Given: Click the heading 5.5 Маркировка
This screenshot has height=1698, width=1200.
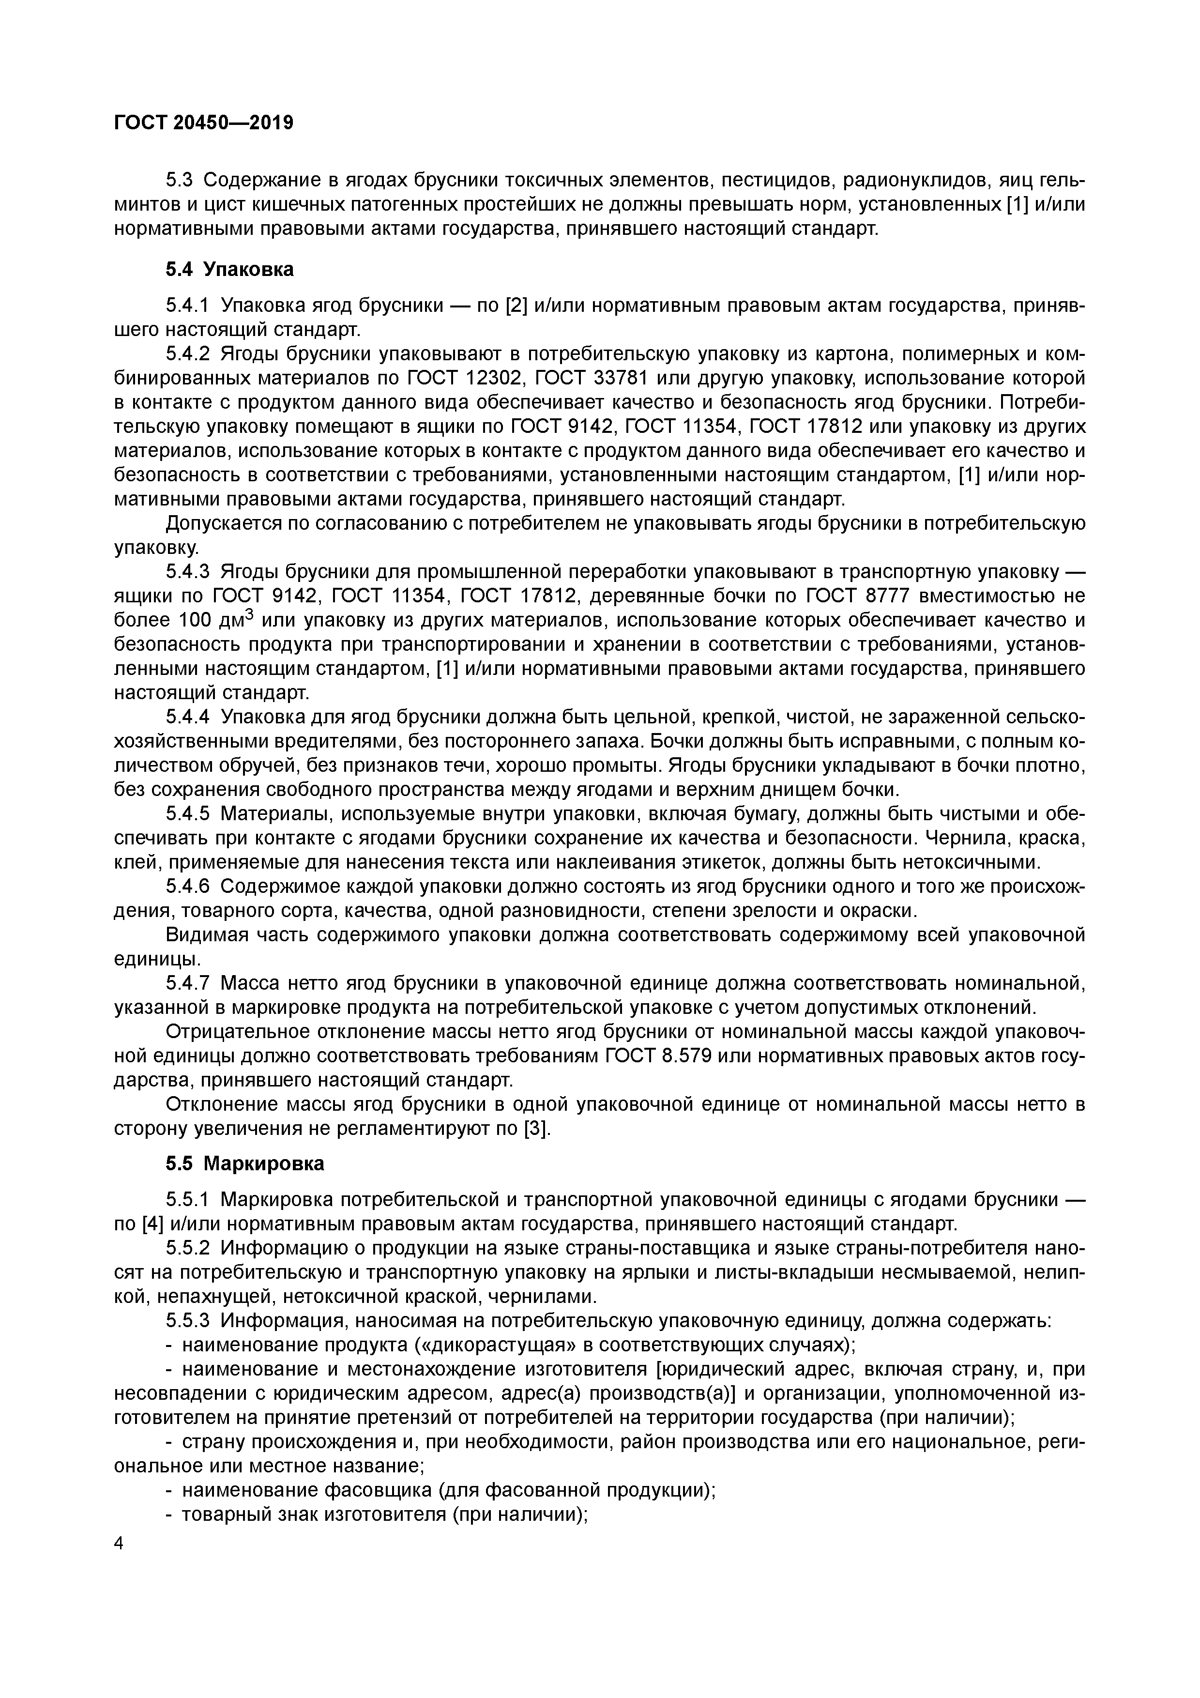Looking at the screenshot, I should (245, 1164).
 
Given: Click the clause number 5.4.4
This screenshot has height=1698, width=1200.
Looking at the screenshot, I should (188, 718).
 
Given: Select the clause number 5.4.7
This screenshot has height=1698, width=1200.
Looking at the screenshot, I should (188, 983).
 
